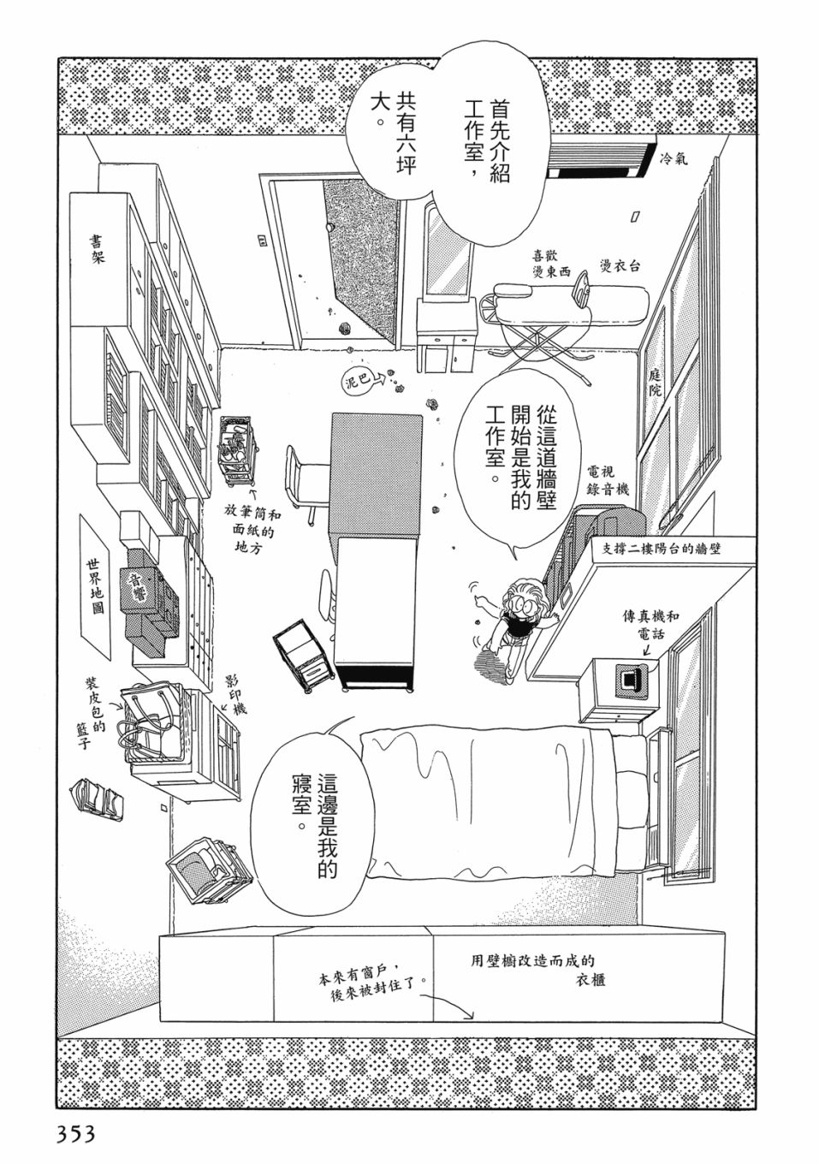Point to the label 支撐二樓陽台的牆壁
[657, 549]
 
